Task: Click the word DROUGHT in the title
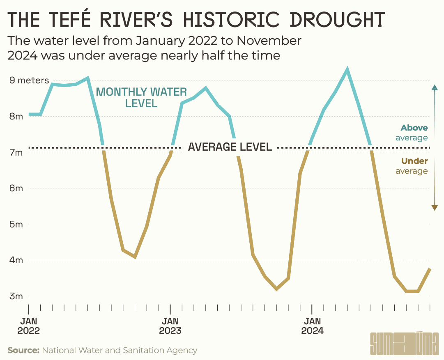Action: pos(337,20)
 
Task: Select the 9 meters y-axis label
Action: pos(29,80)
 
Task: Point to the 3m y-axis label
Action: pos(16,296)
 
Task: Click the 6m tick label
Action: pos(16,188)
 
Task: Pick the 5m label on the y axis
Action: pos(16,225)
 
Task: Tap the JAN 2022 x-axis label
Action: pos(29,326)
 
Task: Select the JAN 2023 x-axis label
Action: pos(170,326)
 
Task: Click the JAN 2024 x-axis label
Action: pos(312,326)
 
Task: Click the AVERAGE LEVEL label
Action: pos(230,147)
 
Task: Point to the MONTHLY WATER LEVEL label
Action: pos(141,98)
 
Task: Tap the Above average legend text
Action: pos(412,133)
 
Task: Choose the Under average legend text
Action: pos(412,166)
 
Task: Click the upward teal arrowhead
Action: pos(435,87)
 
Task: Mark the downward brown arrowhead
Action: pos(435,208)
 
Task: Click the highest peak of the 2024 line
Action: pos(347,69)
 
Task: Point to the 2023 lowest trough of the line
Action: pos(277,289)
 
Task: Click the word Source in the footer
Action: pos(23,350)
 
